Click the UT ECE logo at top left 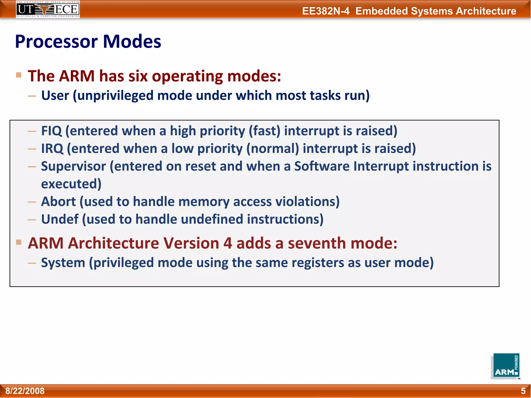tap(48, 9)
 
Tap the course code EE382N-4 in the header tap(326, 11)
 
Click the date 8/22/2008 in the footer tap(25, 391)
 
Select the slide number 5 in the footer tap(523, 391)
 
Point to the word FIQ tap(51, 131)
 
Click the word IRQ tap(52, 148)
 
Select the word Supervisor tap(73, 166)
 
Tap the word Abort tap(58, 202)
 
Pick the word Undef tap(60, 219)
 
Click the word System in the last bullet tap(63, 263)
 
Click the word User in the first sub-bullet tap(55, 95)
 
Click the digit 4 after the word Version tap(227, 243)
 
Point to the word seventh tap(317, 243)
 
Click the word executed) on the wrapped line tap(71, 184)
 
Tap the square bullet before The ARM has tap(18, 75)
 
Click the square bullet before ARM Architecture tap(18, 242)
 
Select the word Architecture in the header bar tap(486, 11)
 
